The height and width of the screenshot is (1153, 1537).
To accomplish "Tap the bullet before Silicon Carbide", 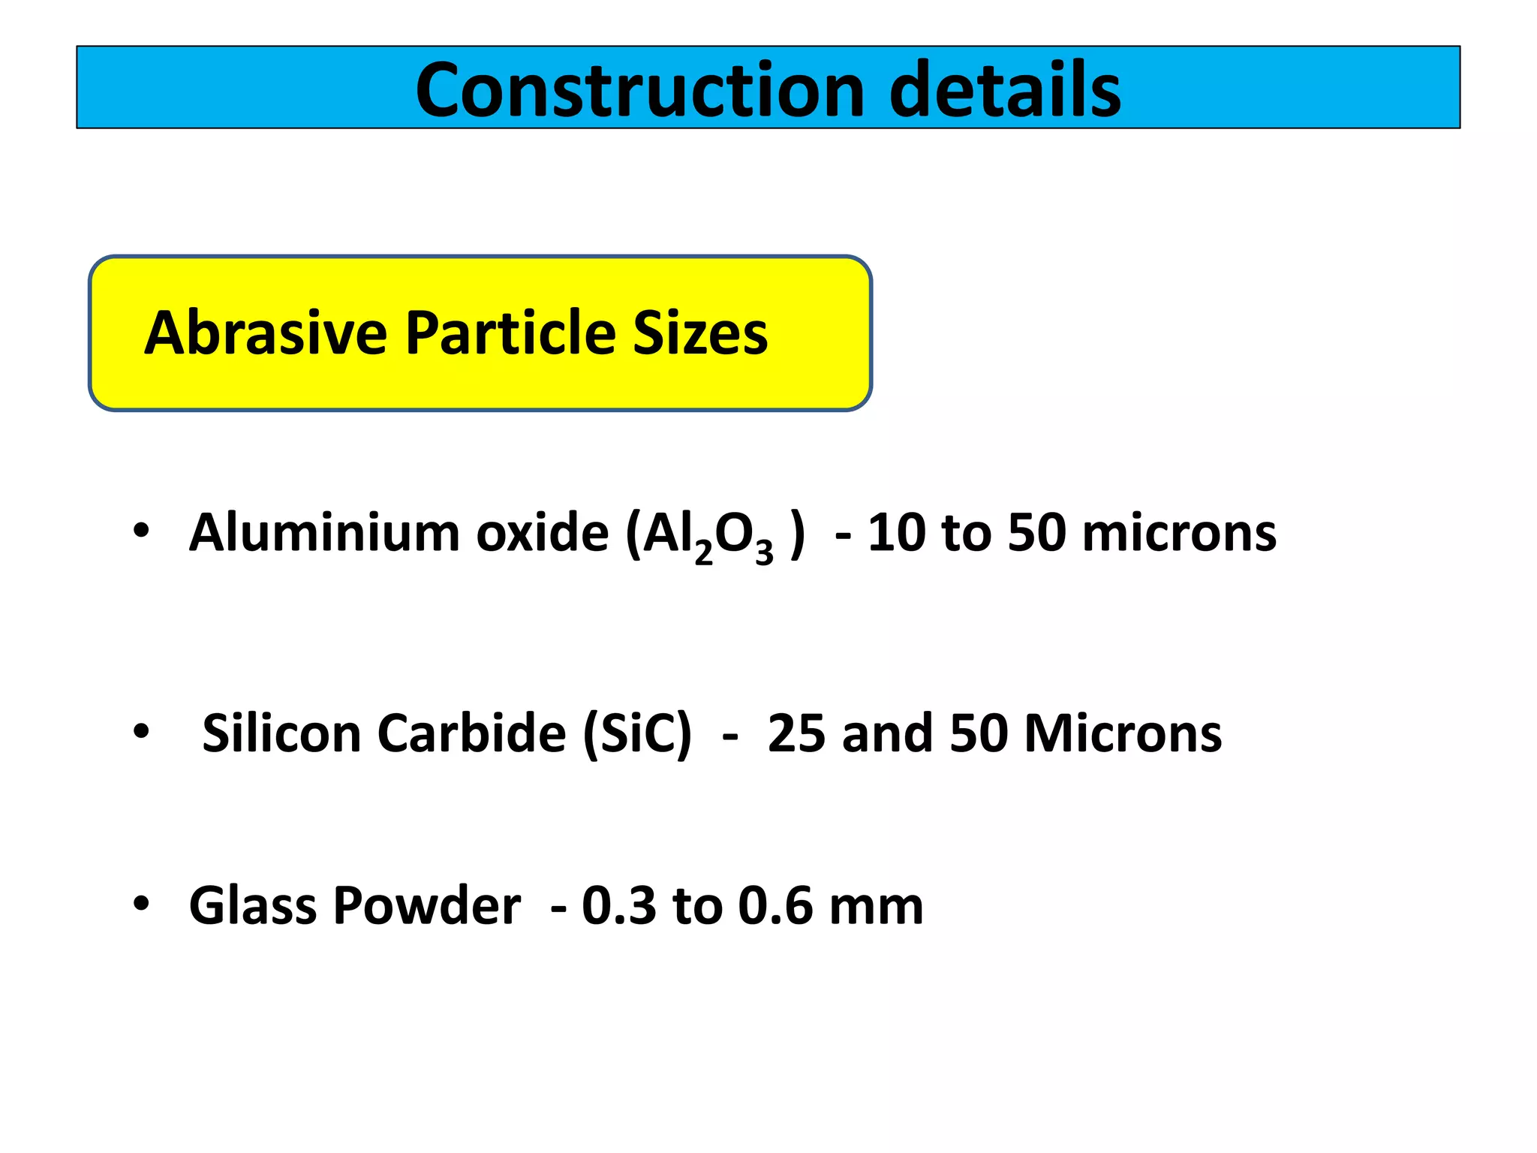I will tap(141, 730).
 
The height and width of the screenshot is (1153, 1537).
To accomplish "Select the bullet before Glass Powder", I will tap(141, 904).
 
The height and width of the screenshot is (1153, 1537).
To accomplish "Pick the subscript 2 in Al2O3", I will tap(703, 553).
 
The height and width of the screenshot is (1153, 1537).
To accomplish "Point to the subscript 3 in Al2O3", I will tap(764, 553).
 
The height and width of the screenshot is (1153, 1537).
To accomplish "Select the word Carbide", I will tap(471, 733).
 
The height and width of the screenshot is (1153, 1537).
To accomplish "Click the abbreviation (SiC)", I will tap(637, 733).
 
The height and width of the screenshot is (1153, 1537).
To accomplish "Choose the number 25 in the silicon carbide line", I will tap(796, 733).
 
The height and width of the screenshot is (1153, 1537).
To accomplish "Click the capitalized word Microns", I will tap(1123, 733).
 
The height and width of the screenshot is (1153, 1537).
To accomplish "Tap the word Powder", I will tap(426, 905).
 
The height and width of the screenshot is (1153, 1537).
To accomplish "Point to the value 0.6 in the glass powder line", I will tap(775, 905).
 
